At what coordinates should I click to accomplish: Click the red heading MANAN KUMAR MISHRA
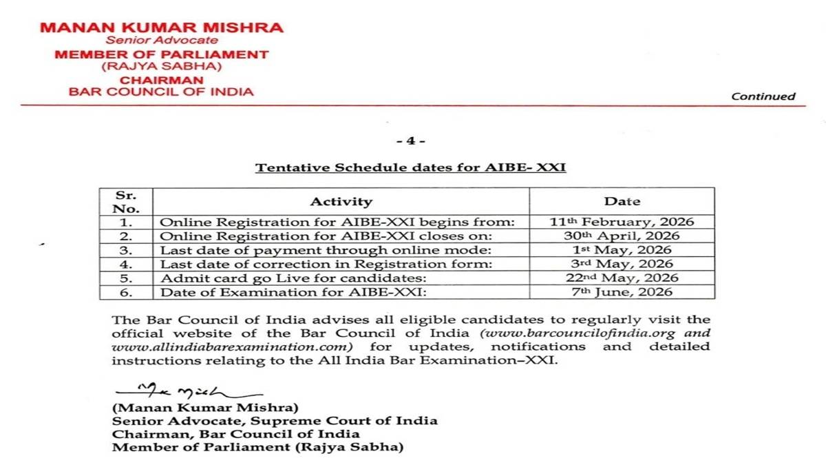click(161, 28)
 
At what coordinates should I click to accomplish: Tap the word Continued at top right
click(763, 96)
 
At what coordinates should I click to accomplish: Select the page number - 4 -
click(411, 141)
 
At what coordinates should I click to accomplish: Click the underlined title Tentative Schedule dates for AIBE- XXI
click(411, 167)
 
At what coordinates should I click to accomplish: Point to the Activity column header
click(341, 202)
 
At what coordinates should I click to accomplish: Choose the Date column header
click(622, 202)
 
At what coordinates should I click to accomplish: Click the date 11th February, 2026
click(622, 222)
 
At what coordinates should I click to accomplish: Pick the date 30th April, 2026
click(622, 236)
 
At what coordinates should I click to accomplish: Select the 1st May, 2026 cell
click(622, 250)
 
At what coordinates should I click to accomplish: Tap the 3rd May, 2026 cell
click(622, 264)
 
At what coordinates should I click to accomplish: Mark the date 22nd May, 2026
click(622, 278)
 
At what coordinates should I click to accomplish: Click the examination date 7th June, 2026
click(622, 292)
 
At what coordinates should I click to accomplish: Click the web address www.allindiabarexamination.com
click(232, 346)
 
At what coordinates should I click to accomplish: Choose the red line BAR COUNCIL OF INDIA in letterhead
click(160, 91)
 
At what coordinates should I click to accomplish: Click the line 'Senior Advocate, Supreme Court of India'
click(275, 420)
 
